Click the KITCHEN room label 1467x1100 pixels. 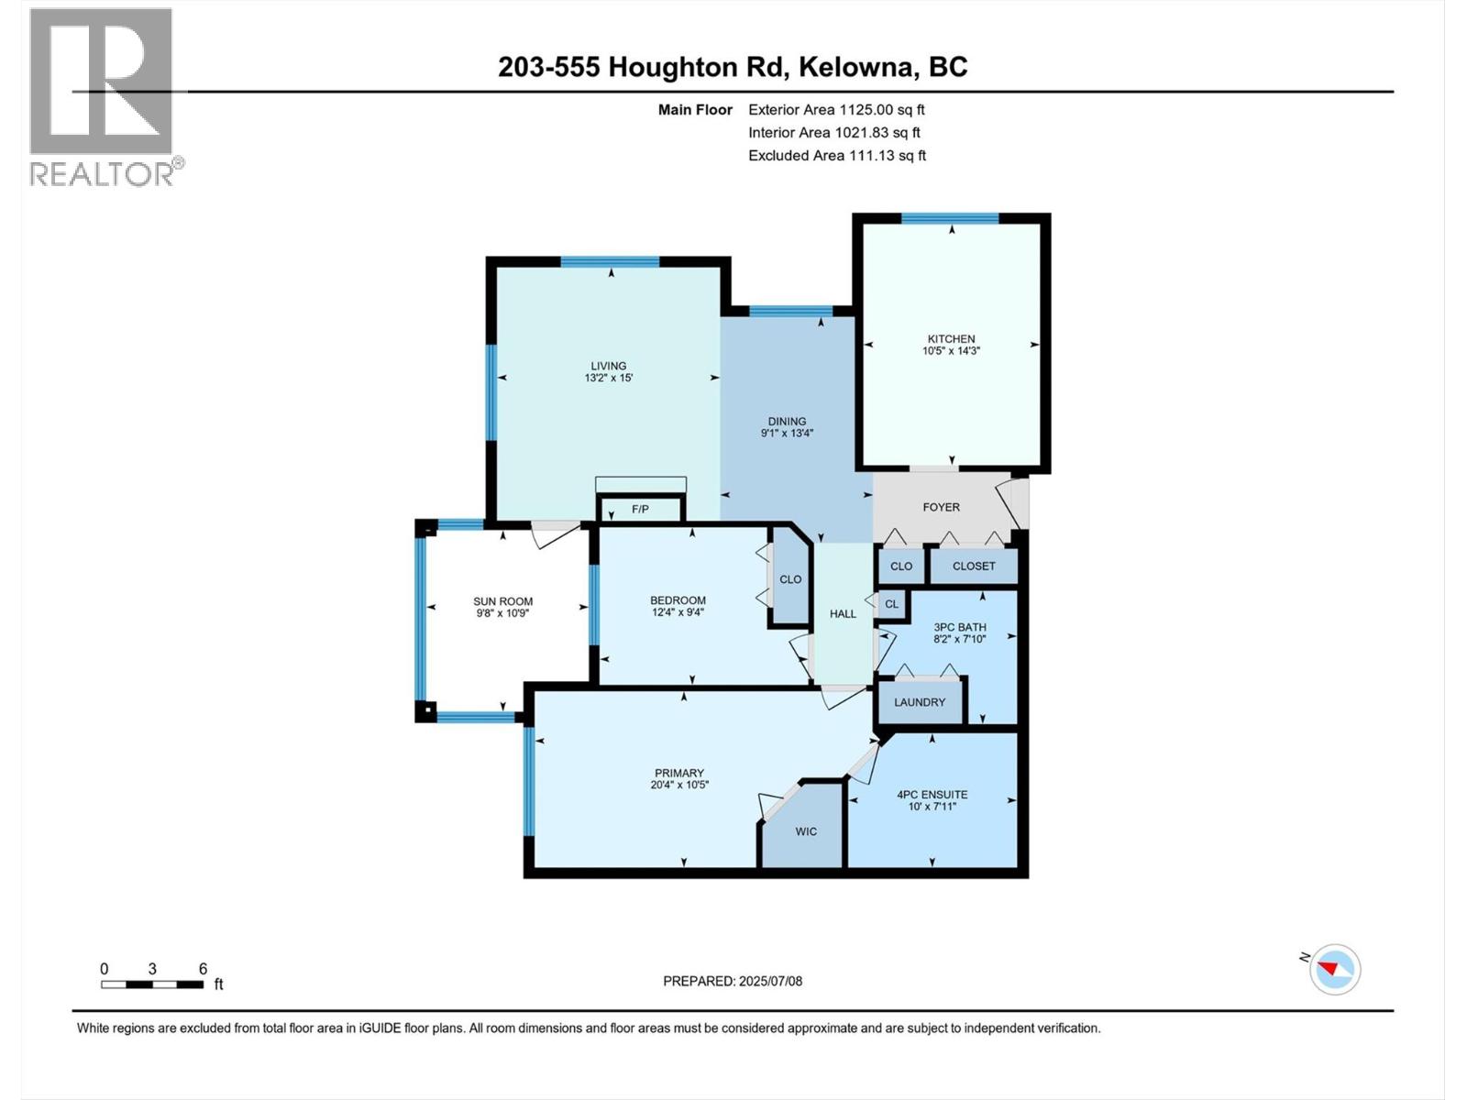pos(951,338)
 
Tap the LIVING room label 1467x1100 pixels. pos(608,366)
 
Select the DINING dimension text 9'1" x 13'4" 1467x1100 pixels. pos(787,434)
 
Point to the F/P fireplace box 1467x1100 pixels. pos(640,509)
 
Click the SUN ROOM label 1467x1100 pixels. pos(502,601)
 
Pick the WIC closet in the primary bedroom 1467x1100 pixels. pos(806,831)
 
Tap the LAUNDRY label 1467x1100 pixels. pos(919,702)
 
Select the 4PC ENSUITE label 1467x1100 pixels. pos(932,795)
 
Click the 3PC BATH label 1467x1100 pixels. pos(959,627)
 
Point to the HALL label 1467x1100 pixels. pos(843,614)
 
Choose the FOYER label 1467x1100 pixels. pos(941,507)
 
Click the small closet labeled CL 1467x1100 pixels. pos(891,604)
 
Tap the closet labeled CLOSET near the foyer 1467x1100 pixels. pos(973,566)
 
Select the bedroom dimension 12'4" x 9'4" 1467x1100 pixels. pos(678,612)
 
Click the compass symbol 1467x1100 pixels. pos(1334,969)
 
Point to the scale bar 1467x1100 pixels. pos(152,984)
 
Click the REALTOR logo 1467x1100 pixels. pos(103,96)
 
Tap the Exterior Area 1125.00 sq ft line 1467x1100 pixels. pos(836,110)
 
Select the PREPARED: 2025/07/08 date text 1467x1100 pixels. pos(733,981)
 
